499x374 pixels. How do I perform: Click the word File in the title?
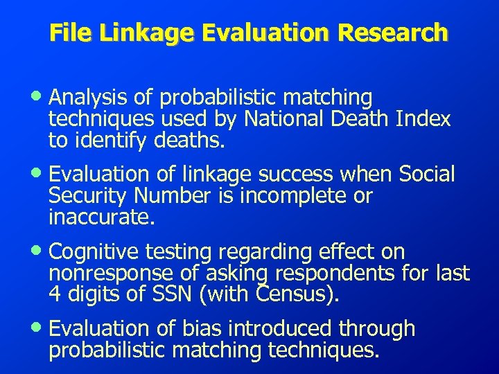[x=67, y=32]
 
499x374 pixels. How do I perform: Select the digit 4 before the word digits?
[x=54, y=295]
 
